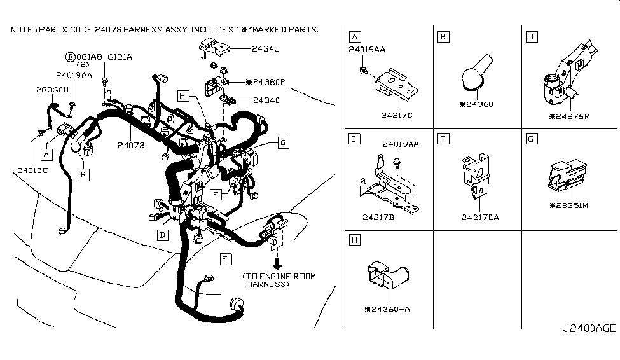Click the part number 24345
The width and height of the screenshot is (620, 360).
tap(266, 48)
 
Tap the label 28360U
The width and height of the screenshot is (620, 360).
tap(52, 90)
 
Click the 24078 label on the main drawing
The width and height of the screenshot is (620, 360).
tap(131, 145)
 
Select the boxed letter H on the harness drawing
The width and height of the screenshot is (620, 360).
tap(183, 96)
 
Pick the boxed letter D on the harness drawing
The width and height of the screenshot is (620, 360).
tap(163, 235)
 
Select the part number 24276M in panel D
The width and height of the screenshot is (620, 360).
tap(569, 116)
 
